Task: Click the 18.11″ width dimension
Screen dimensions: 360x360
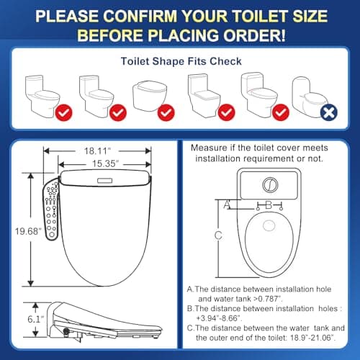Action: coord(98,150)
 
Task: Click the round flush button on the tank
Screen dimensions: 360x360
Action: coord(267,184)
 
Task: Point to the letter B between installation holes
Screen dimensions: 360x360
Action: coord(267,204)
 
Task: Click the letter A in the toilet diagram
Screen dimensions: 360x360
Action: coord(228,204)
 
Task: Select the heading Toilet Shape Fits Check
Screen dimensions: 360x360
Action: coord(179,61)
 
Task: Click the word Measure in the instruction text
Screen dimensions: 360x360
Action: coord(207,148)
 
